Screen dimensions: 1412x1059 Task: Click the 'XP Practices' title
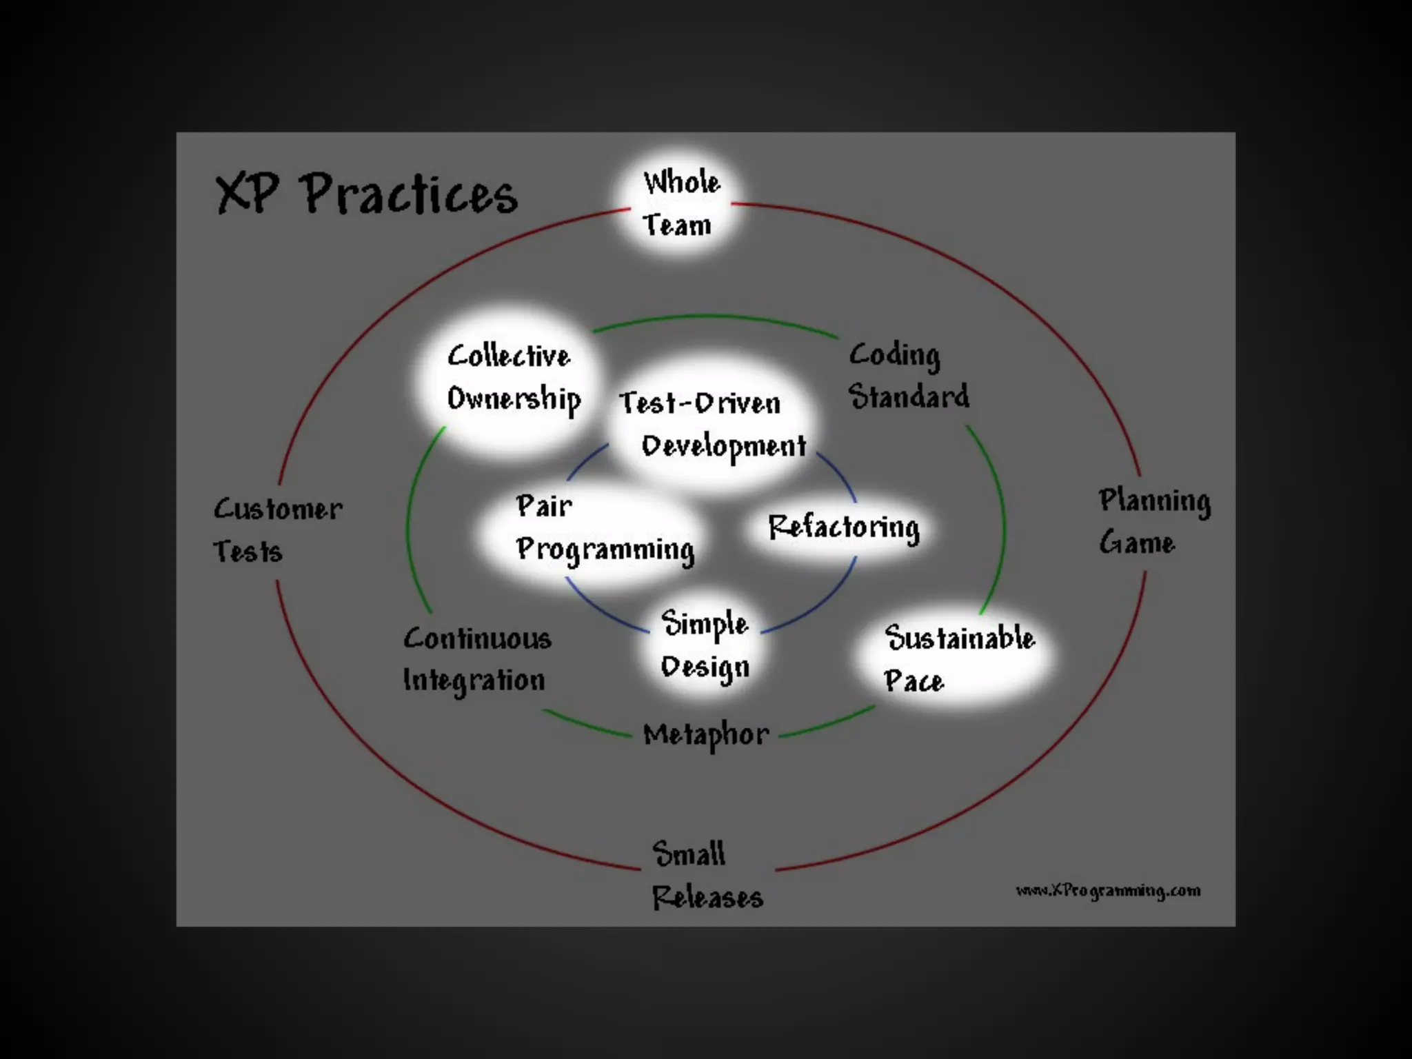click(367, 194)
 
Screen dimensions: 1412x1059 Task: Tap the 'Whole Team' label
click(680, 204)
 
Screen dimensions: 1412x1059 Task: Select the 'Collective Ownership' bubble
click(512, 379)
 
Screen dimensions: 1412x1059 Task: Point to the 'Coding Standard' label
click(908, 376)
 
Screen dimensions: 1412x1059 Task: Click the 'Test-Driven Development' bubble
click(712, 423)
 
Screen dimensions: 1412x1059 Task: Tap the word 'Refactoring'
click(843, 528)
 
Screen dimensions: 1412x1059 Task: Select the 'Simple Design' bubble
click(705, 645)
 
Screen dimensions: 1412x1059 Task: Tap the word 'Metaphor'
click(706, 735)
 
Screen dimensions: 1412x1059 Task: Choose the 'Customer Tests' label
click(277, 530)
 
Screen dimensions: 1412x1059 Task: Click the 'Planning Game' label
click(1154, 521)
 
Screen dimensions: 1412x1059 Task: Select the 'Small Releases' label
click(706, 875)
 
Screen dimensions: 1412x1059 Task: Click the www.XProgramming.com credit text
click(1108, 891)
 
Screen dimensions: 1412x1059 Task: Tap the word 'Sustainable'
click(960, 638)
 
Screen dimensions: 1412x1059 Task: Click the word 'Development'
click(723, 447)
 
